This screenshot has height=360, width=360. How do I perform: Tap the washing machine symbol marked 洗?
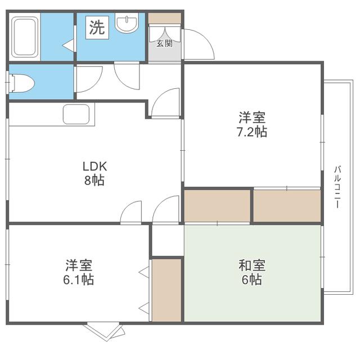click(x=97, y=28)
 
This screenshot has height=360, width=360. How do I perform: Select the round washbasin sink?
click(x=127, y=22)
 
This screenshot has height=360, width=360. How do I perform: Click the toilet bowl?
click(x=21, y=83)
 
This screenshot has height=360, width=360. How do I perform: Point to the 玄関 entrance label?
click(x=164, y=43)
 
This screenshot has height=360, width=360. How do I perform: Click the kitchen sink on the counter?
click(x=76, y=114)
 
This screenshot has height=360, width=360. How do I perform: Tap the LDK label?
click(x=95, y=166)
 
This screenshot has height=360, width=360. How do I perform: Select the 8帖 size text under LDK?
click(x=94, y=181)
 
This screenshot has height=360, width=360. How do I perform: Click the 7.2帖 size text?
click(x=252, y=132)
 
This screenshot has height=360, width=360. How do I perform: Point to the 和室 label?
click(x=252, y=265)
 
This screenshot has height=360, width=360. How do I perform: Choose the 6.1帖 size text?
click(x=79, y=280)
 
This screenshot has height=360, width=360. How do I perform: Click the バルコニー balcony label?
click(x=337, y=187)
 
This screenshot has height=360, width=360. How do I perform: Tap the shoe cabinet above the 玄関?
click(x=165, y=18)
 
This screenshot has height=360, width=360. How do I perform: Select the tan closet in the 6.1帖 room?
click(x=166, y=290)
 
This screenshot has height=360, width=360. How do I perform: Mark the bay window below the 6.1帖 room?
click(x=106, y=331)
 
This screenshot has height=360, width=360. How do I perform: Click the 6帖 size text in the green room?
click(x=251, y=280)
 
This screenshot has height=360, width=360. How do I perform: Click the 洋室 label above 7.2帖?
click(x=252, y=118)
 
